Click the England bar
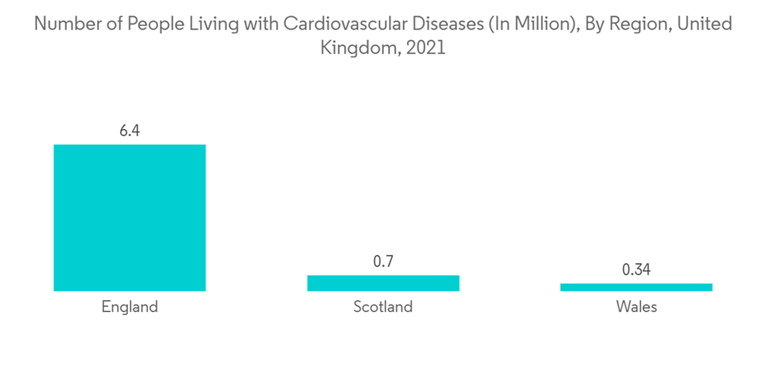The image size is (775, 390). (x=129, y=217)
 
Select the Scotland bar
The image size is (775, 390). (x=383, y=283)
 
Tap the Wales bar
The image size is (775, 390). (x=635, y=287)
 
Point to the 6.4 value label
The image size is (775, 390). (x=129, y=131)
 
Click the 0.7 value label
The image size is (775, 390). (x=383, y=262)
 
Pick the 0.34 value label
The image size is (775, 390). (x=635, y=270)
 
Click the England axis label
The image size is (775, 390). (x=129, y=306)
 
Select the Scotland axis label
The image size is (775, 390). (x=383, y=306)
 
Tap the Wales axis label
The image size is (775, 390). (x=635, y=306)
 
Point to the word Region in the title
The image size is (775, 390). (x=633, y=25)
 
